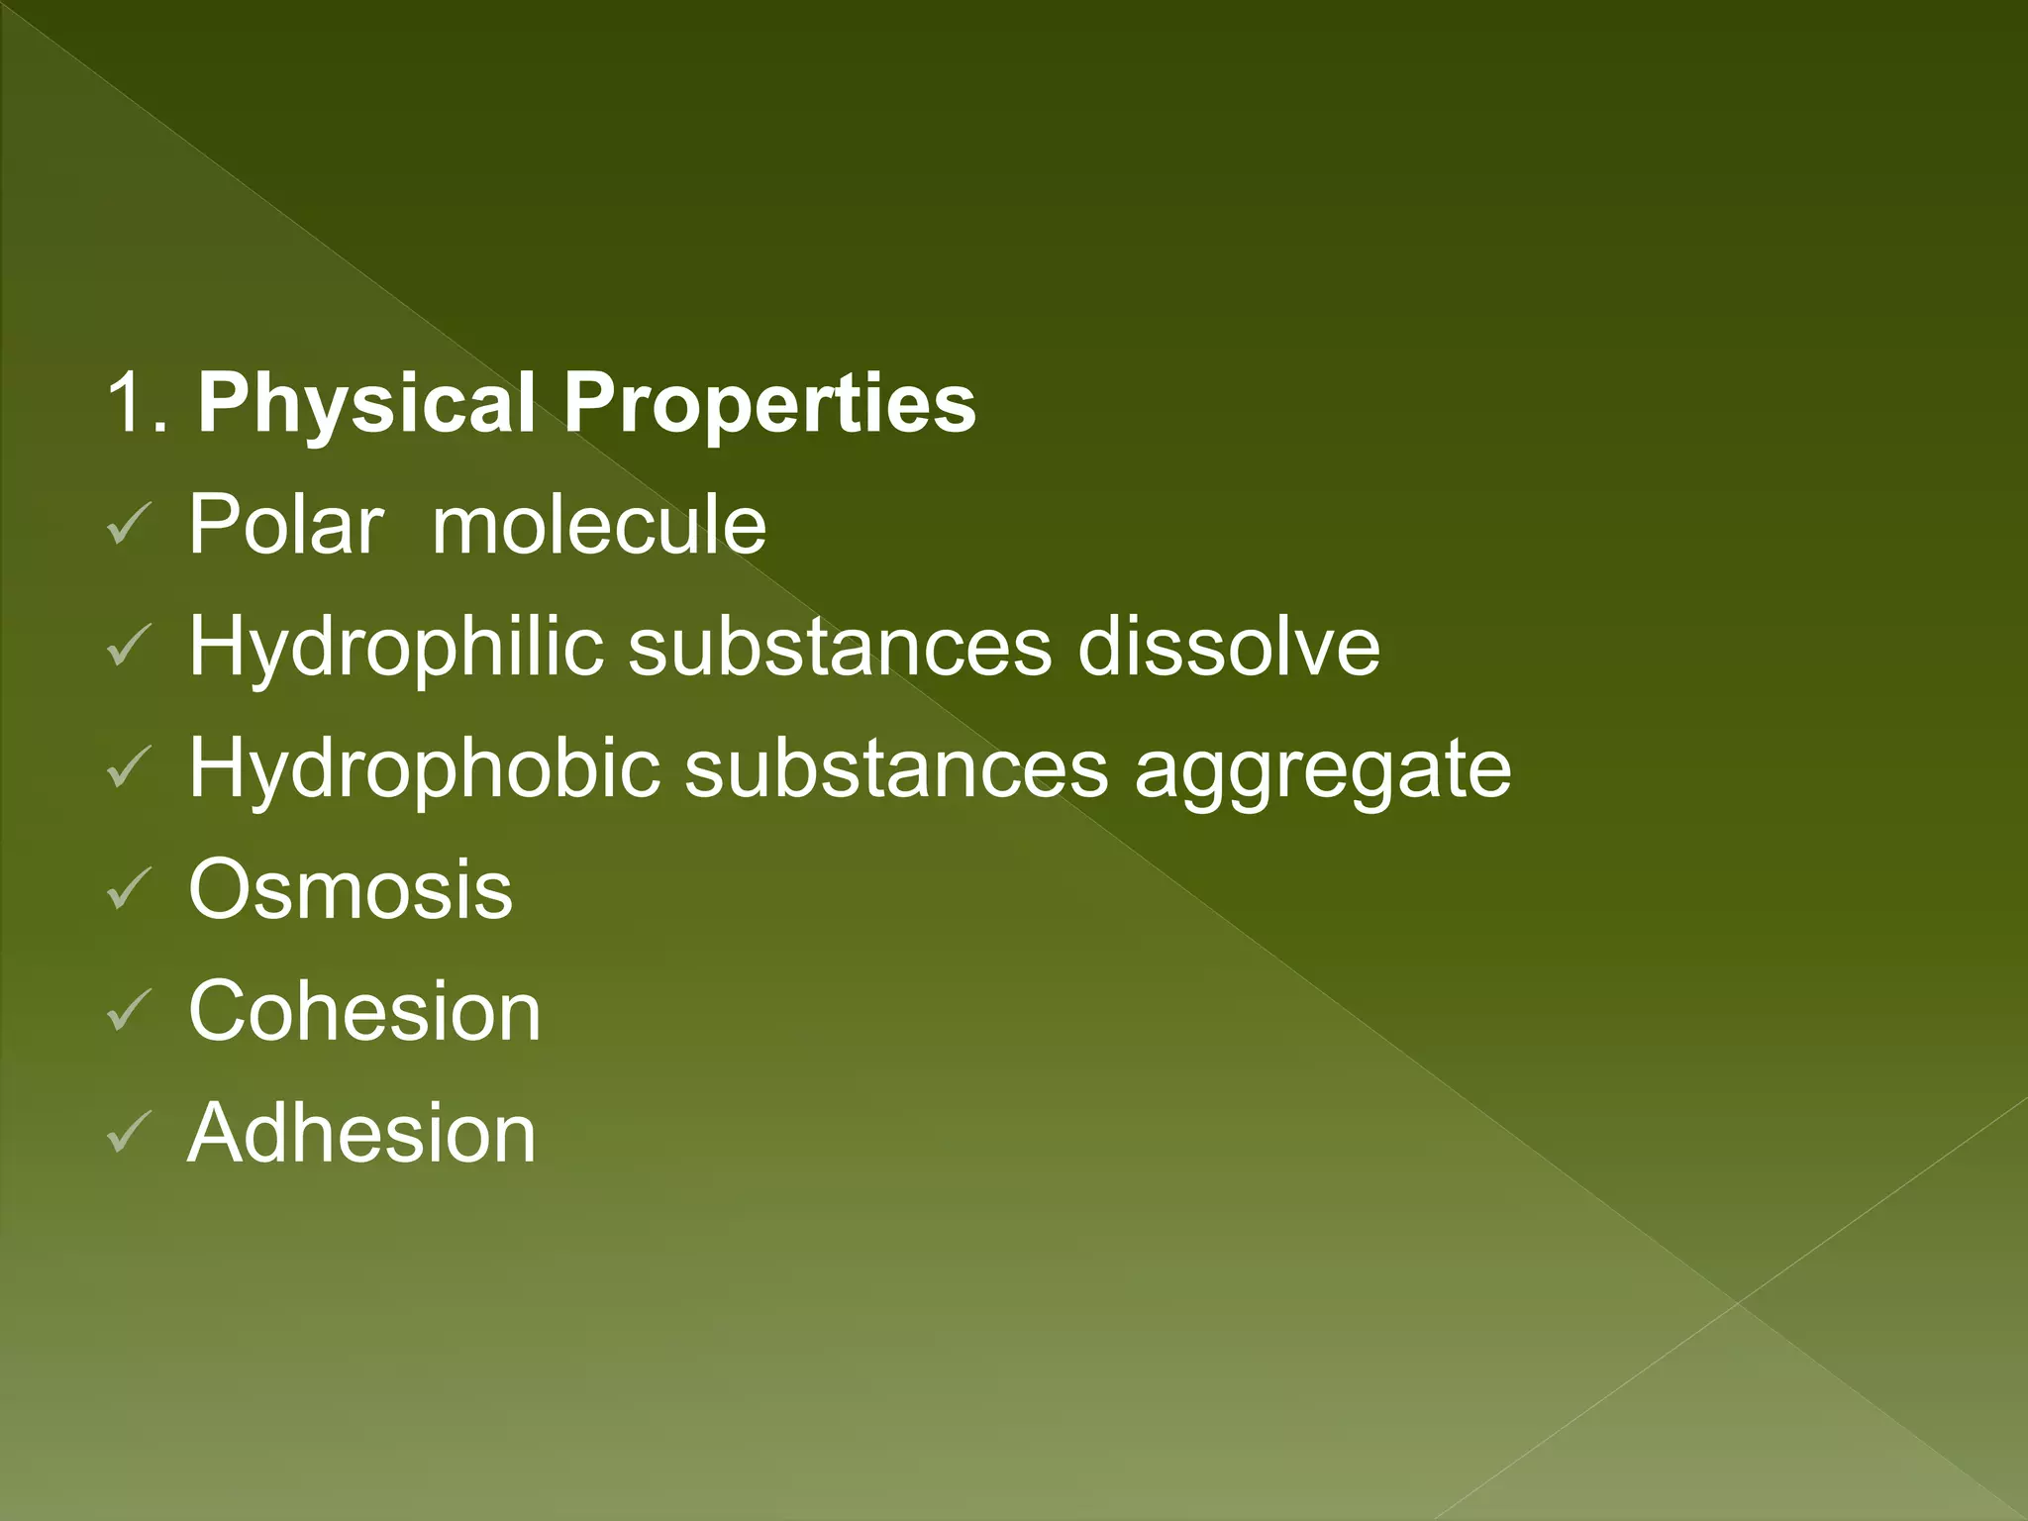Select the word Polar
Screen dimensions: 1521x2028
point(285,525)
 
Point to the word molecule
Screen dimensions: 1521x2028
point(599,525)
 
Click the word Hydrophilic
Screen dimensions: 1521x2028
point(396,648)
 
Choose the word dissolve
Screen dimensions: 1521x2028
point(1228,648)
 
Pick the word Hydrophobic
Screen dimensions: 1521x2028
point(424,769)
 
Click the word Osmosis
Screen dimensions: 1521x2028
point(351,889)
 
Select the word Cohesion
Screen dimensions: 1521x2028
point(364,1011)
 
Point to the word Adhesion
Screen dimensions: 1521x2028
point(361,1133)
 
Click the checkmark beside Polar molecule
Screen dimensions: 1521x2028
point(128,525)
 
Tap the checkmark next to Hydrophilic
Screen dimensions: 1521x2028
point(128,647)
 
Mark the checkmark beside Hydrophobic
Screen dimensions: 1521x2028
point(128,768)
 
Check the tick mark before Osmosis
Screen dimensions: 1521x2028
point(128,890)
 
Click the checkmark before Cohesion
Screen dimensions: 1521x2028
point(128,1012)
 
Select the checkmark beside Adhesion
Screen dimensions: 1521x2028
point(128,1134)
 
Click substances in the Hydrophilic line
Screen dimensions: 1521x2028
point(840,648)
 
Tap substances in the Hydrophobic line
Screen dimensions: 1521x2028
point(896,769)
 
